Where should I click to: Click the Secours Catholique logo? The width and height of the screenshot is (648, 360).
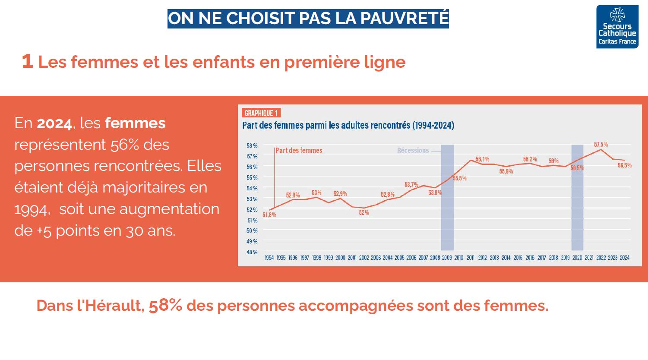pos(617,27)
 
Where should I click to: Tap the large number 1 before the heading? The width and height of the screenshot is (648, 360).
pos(27,61)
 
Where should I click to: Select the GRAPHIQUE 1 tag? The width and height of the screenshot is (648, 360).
pos(261,113)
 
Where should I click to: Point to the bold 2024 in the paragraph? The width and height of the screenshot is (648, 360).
pos(54,123)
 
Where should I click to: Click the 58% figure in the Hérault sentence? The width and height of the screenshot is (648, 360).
pos(165,305)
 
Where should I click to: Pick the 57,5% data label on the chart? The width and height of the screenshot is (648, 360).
pos(601,145)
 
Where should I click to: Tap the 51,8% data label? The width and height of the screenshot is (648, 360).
pos(269,215)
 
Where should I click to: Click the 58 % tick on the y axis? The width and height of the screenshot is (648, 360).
pos(252,145)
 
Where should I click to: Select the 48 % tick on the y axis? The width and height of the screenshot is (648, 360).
pos(252,252)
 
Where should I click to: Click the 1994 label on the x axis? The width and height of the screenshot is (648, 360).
pos(269,258)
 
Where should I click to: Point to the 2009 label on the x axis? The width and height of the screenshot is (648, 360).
pos(447,258)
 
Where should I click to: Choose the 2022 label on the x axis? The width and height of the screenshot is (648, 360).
pos(601,258)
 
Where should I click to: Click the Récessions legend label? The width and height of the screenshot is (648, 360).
pos(413,151)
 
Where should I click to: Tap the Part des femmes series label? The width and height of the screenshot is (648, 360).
pos(299,151)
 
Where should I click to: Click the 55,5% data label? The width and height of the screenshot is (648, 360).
pos(460,178)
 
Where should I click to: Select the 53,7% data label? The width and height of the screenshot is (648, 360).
pos(411,185)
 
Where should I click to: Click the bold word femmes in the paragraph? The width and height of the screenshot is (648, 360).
pos(135,123)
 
